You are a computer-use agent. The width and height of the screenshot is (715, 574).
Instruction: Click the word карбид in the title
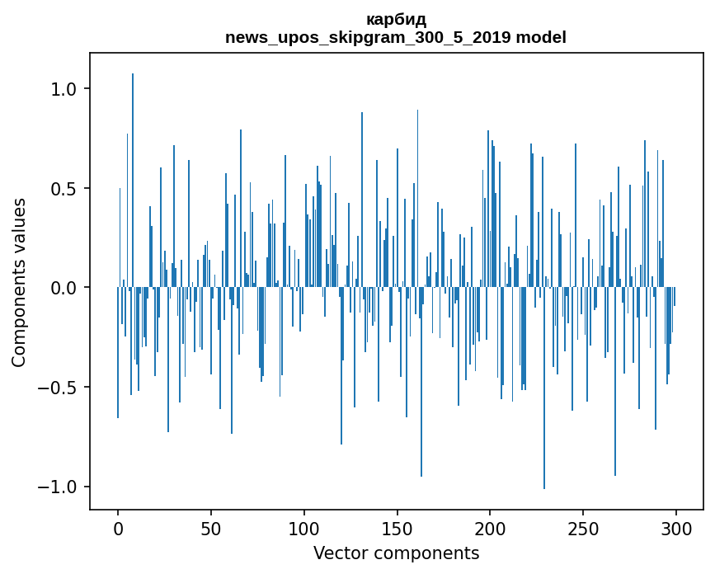(x=396, y=20)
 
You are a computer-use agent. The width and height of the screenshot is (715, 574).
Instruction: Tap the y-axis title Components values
(x=19, y=282)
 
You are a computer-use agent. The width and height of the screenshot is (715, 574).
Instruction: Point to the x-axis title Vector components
(x=396, y=553)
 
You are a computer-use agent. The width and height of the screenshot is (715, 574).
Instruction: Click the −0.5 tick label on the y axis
(x=59, y=388)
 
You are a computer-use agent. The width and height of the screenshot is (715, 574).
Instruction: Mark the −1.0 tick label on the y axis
(x=59, y=487)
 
